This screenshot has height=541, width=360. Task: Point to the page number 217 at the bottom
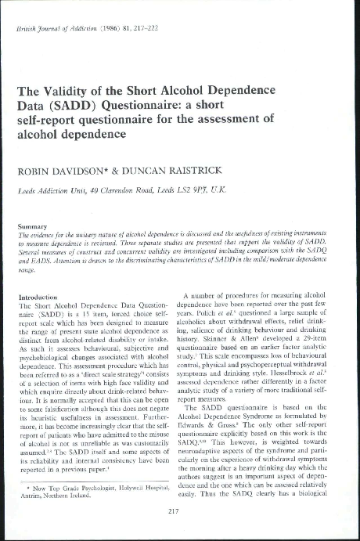[179, 512]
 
